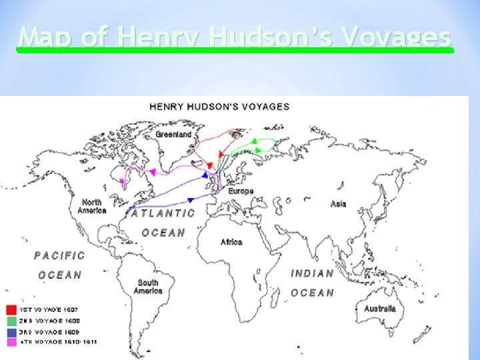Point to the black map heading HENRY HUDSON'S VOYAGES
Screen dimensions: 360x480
(219, 107)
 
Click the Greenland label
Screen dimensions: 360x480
(173, 134)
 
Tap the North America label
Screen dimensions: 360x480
(92, 206)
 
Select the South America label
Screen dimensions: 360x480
(147, 286)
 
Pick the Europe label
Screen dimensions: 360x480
(241, 191)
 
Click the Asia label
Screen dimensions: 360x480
(338, 203)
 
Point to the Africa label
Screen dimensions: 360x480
(231, 241)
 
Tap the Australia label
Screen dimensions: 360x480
(379, 309)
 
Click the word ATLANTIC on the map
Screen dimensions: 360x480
(163, 213)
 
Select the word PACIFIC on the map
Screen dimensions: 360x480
(60, 255)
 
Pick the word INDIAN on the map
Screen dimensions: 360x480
(312, 273)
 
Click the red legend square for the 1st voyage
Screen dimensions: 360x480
(11, 310)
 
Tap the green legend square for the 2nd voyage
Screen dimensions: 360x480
(11, 321)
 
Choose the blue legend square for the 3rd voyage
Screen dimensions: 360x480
(11, 331)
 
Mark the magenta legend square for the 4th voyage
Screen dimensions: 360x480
(11, 342)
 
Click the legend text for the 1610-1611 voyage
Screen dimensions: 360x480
(51, 342)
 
